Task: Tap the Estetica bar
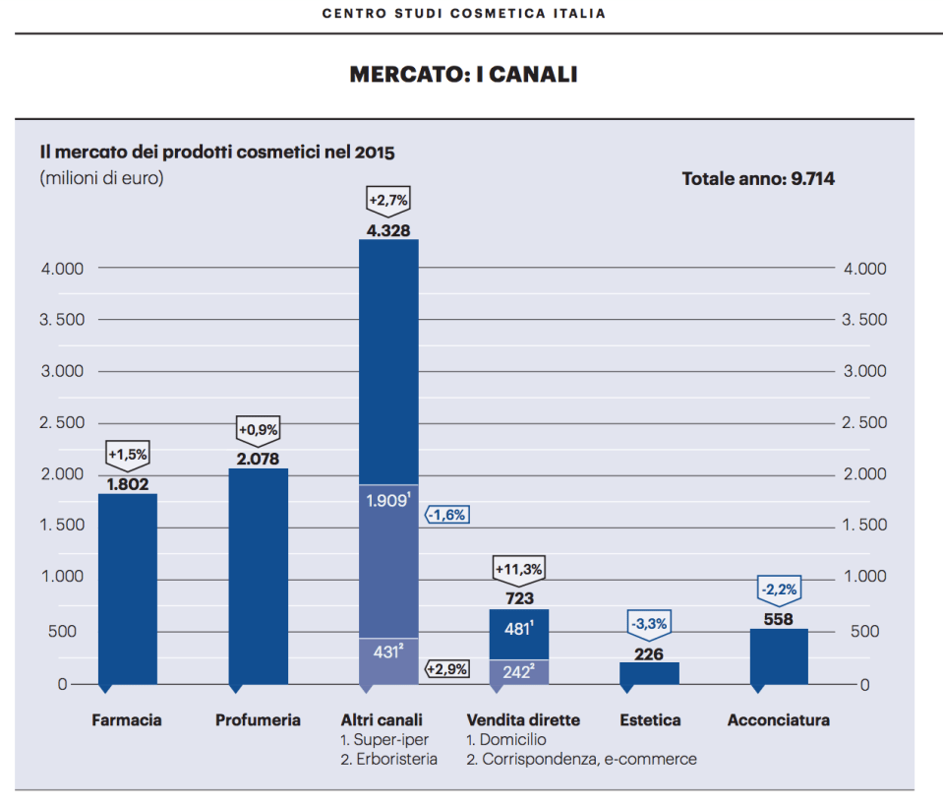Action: pos(649,673)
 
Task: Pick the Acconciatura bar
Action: pos(779,656)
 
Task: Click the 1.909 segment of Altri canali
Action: pos(388,561)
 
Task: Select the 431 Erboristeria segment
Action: pos(388,661)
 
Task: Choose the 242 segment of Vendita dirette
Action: pos(518,671)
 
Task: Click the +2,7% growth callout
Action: pos(388,201)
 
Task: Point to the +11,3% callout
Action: pos(518,569)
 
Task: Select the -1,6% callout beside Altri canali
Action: pos(446,514)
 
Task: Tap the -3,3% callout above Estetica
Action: pos(649,623)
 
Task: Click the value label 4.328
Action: pos(388,230)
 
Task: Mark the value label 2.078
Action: pos(259,459)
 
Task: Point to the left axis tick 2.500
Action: pos(62,422)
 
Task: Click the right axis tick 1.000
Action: pos(864,577)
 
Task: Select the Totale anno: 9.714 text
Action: pos(758,179)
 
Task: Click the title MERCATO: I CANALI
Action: pos(463,75)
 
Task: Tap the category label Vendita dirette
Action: pos(523,720)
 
